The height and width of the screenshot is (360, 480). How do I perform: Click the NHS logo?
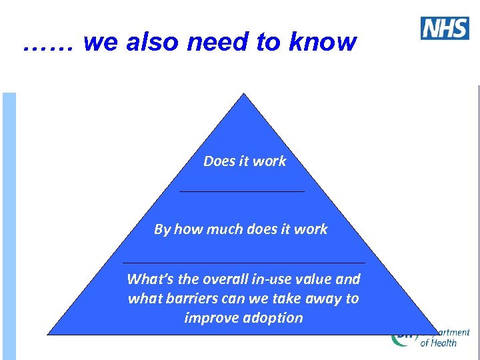pyautogui.click(x=445, y=28)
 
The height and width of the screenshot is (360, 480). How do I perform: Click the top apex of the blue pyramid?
pyautogui.click(x=244, y=95)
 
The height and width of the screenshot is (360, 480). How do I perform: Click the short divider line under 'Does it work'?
pyautogui.click(x=242, y=191)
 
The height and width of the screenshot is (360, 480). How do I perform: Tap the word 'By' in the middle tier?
pyautogui.click(x=162, y=229)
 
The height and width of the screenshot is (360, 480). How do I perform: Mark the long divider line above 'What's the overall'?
pyautogui.click(x=244, y=263)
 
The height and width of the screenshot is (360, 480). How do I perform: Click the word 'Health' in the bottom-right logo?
pyautogui.click(x=443, y=343)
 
